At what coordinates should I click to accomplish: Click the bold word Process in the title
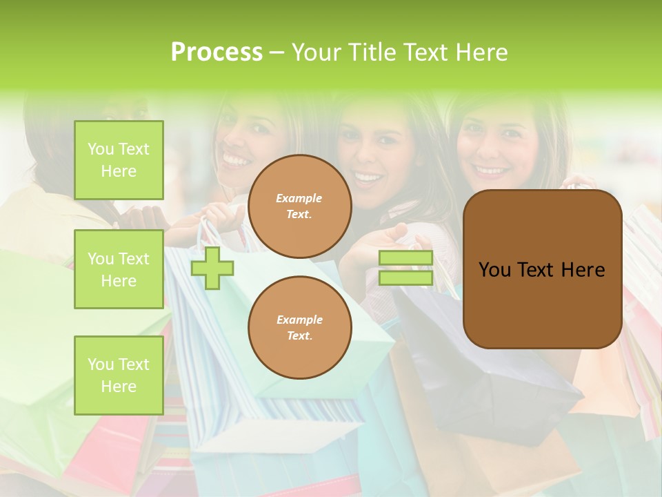[217, 52]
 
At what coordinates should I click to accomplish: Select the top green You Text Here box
[119, 160]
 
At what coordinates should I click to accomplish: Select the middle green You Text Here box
[119, 269]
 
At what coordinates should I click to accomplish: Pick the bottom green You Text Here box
[119, 376]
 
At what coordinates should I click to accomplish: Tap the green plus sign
[212, 268]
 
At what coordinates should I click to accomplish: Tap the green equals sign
[405, 268]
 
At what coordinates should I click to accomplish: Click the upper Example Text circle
[299, 206]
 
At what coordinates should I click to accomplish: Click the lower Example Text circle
[299, 328]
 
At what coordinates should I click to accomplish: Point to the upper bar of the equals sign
[405, 258]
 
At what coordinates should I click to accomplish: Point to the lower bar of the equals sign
[405, 278]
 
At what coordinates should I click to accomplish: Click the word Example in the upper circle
[299, 199]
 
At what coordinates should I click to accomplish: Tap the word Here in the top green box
[119, 171]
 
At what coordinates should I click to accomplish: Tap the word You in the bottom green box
[101, 364]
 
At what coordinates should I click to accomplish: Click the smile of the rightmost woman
[491, 169]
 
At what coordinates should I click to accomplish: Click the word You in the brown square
[494, 270]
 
